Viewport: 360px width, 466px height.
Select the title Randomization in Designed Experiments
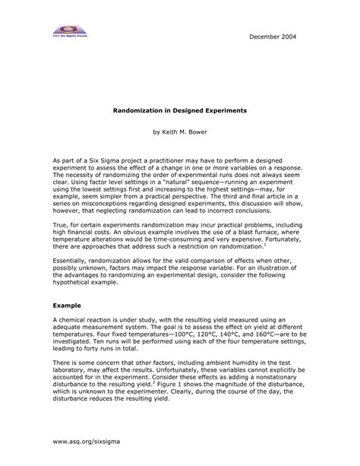[180, 111]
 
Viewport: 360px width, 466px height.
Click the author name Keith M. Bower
[180, 132]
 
